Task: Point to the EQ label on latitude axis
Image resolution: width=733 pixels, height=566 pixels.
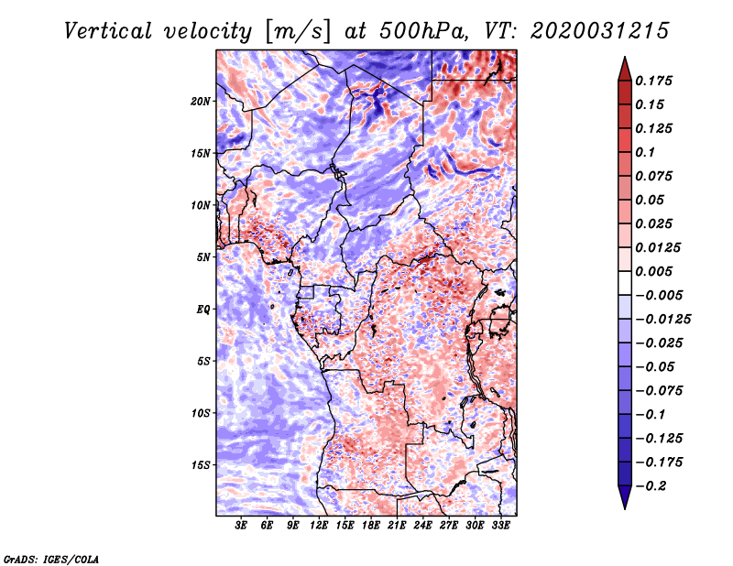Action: (x=203, y=310)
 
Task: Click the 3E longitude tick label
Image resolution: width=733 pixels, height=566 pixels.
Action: (x=241, y=527)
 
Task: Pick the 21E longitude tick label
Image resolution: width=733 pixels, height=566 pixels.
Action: (x=397, y=527)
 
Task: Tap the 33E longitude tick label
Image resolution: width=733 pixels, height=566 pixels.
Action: (x=500, y=527)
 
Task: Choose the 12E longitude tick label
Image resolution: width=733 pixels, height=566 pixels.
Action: (x=319, y=527)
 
